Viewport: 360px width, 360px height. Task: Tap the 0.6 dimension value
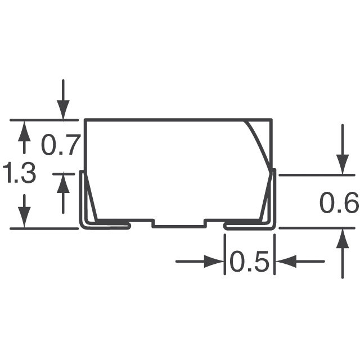[339, 204]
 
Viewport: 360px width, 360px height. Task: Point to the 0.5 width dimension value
[250, 262]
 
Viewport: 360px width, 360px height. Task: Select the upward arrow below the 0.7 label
[63, 191]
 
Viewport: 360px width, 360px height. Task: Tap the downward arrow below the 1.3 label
[24, 211]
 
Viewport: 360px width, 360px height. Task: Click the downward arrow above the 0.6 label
[341, 149]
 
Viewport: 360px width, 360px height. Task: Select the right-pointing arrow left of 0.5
[200, 262]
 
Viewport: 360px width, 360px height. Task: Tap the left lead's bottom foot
[107, 226]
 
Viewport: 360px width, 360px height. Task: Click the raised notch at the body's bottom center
[178, 223]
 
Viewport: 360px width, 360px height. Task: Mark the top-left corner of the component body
[85, 120]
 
